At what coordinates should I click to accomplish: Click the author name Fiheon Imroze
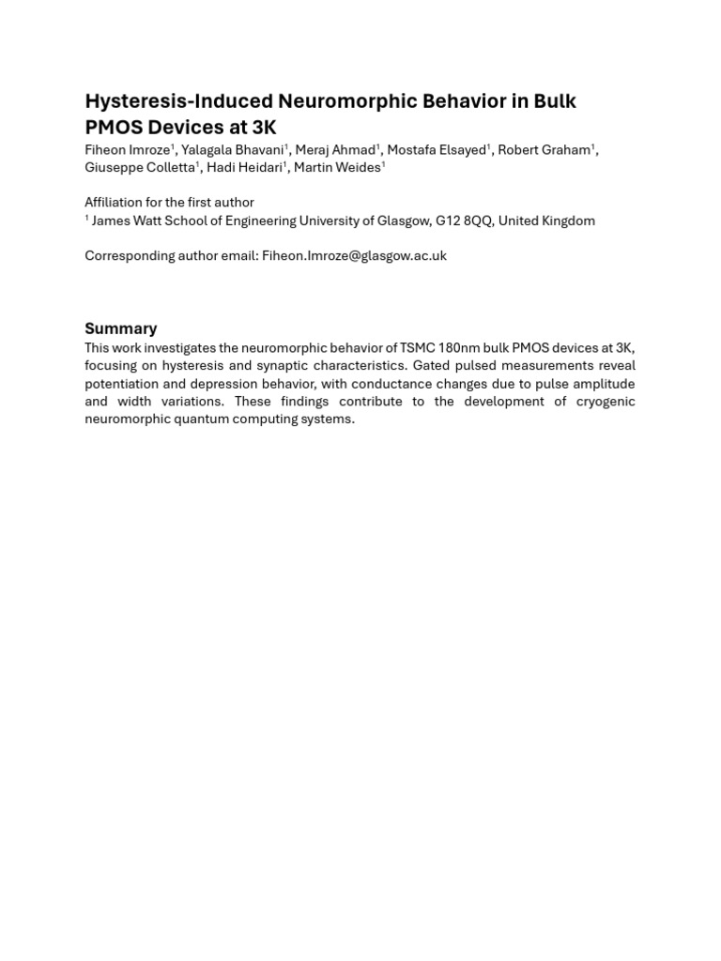coord(128,150)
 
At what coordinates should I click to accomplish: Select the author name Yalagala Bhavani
coord(233,150)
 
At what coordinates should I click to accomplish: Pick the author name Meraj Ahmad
coord(335,150)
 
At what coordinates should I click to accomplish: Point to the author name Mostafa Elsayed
coord(437,150)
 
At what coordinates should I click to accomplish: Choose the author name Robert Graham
coord(544,150)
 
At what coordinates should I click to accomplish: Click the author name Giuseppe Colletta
coord(140,168)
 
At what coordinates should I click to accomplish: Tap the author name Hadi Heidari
coord(244,168)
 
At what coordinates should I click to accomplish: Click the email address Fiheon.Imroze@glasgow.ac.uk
coord(354,255)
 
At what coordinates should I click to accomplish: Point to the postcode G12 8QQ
coord(464,221)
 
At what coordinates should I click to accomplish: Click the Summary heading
coord(121,328)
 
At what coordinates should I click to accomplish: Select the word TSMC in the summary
coord(419,348)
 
